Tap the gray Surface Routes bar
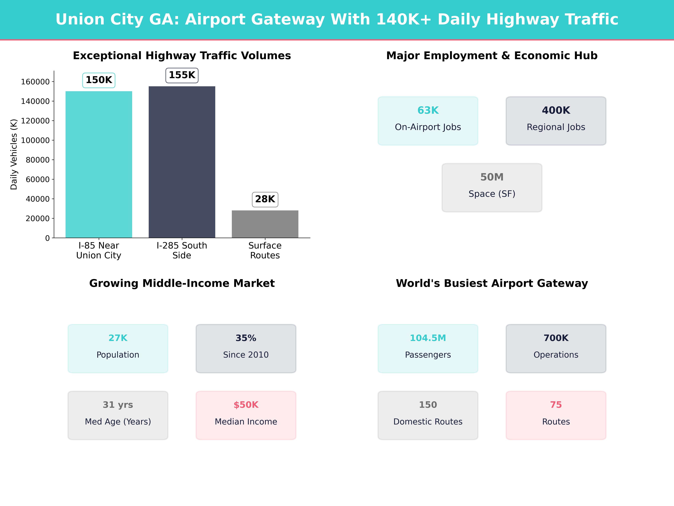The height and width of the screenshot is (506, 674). [x=265, y=224]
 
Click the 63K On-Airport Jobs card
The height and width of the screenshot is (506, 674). [x=428, y=121]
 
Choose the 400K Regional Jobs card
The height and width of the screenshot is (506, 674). [x=556, y=121]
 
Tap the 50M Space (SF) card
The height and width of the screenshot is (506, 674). [x=492, y=188]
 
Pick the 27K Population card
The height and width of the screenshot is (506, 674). [x=118, y=348]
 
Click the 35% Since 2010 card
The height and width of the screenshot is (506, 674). [x=246, y=348]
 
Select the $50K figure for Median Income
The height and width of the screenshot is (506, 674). [x=246, y=405]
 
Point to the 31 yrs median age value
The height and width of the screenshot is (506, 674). [x=118, y=405]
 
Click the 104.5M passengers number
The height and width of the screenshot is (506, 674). [x=428, y=338]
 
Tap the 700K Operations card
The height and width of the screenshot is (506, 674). [x=556, y=348]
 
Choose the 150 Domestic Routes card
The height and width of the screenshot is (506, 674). [x=428, y=415]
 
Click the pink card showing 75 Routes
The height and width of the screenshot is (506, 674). [x=556, y=415]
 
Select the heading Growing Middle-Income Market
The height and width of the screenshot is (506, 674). [x=182, y=283]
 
